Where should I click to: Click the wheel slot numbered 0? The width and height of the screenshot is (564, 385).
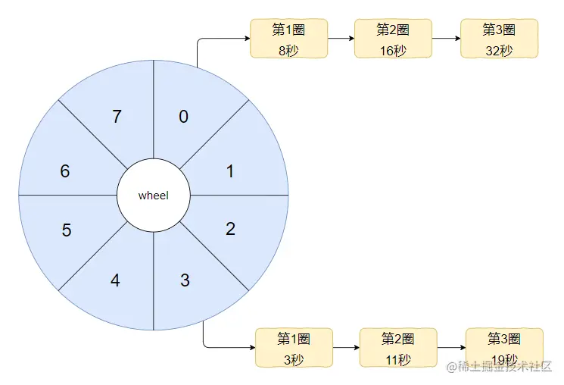[x=184, y=117]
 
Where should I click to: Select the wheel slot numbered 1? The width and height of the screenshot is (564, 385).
[x=230, y=171]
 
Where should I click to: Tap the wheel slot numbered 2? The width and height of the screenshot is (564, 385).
[x=230, y=228]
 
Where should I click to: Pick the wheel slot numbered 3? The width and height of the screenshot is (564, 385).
[x=185, y=280]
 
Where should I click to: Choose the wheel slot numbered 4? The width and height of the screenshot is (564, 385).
[x=115, y=280]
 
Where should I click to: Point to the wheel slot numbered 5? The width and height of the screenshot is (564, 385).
[x=67, y=230]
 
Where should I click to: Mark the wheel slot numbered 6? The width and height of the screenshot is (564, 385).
[x=65, y=171]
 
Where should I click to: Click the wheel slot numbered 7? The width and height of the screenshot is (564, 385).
[x=117, y=117]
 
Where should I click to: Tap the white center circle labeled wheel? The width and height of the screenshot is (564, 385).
[x=154, y=196]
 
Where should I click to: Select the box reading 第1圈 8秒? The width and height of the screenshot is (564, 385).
[x=288, y=39]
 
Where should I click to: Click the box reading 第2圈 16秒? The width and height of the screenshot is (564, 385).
[x=392, y=39]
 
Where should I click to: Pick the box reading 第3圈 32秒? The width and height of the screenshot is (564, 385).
[x=499, y=39]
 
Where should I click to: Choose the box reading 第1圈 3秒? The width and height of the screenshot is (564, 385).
[x=293, y=348]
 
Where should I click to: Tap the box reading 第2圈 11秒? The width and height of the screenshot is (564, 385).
[x=397, y=348]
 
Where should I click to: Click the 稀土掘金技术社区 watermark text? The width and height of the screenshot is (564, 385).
[x=500, y=367]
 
